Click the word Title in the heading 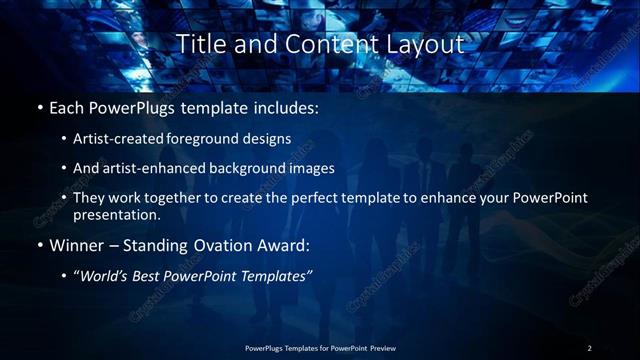(x=200, y=45)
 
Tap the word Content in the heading (x=319, y=45)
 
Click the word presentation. (x=116, y=214)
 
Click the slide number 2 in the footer (x=590, y=348)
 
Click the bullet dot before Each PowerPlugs (x=39, y=107)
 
